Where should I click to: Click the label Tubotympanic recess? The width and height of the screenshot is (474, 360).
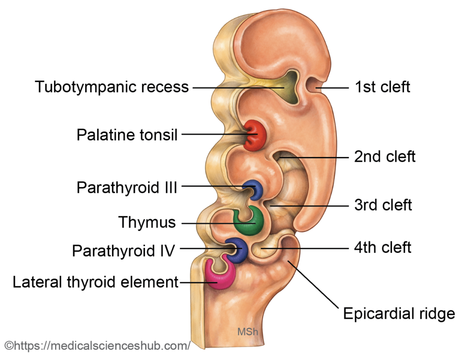[x=112, y=87]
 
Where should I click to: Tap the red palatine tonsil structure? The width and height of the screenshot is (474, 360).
[x=254, y=135]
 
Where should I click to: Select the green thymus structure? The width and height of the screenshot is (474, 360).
[x=249, y=223]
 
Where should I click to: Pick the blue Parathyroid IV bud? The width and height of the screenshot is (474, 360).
[x=237, y=250]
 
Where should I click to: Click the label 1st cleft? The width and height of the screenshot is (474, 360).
[x=382, y=87]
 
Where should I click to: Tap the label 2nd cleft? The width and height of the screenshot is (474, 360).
[x=385, y=157]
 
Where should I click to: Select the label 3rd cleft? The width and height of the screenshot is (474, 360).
[x=383, y=205]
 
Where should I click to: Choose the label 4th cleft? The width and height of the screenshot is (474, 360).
[x=382, y=247]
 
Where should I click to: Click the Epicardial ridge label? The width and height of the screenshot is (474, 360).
[x=399, y=314]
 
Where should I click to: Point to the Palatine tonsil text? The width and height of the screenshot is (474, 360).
[x=127, y=135]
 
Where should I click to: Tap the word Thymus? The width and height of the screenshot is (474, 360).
[x=147, y=222]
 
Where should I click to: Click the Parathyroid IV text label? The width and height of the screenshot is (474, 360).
[x=123, y=251]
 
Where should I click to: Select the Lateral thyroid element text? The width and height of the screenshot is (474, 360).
[x=95, y=282]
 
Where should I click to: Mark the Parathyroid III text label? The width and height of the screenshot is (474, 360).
[x=127, y=188]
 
